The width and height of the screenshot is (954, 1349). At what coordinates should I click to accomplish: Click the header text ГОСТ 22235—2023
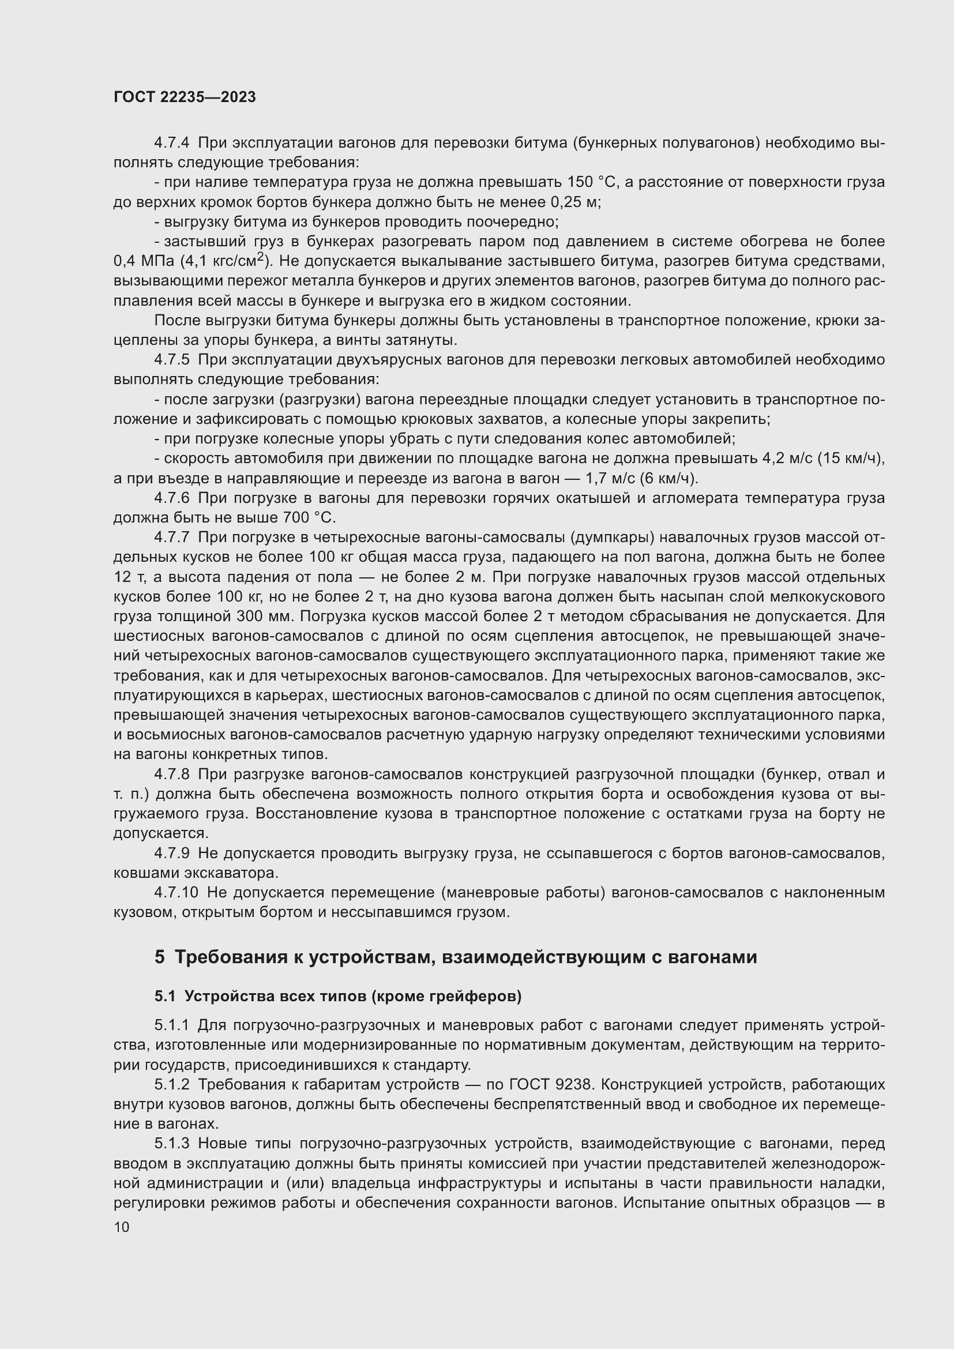click(x=185, y=97)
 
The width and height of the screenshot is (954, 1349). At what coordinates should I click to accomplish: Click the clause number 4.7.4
click(x=172, y=143)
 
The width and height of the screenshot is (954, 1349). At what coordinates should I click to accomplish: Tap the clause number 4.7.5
click(x=172, y=359)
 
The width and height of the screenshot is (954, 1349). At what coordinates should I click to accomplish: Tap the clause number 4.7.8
click(x=172, y=775)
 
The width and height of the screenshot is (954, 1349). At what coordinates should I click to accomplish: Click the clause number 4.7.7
click(x=172, y=538)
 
